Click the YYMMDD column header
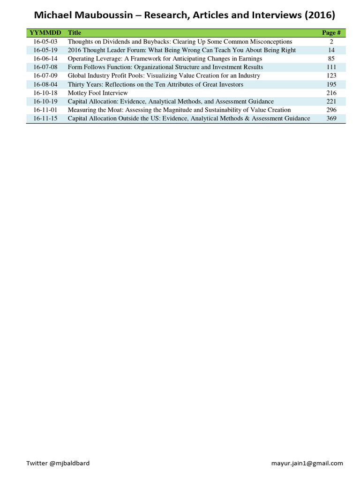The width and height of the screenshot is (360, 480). pos(45,33)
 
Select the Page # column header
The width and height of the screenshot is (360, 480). pos(331,33)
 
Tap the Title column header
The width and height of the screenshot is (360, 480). pos(74,33)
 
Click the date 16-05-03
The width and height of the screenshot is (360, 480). pos(45,42)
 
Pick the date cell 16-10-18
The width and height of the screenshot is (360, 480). pos(45,93)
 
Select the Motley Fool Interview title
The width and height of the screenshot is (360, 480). pos(97,93)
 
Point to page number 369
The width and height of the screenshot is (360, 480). pos(331,119)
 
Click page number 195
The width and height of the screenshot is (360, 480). pos(331,84)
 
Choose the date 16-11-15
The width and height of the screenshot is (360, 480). pos(45,119)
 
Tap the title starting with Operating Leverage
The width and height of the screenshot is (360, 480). pos(165,59)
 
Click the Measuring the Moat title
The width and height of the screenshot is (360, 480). pos(179,110)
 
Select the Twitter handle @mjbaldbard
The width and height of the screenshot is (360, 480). pos(58,463)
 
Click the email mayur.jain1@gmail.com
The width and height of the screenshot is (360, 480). pos(307,463)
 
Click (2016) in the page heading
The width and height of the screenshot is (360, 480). pos(319,15)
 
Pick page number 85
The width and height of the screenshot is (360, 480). pos(331,59)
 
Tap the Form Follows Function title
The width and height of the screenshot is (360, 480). pos(165,67)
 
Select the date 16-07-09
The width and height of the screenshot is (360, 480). pos(45,76)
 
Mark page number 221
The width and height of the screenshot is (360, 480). pos(331,101)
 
